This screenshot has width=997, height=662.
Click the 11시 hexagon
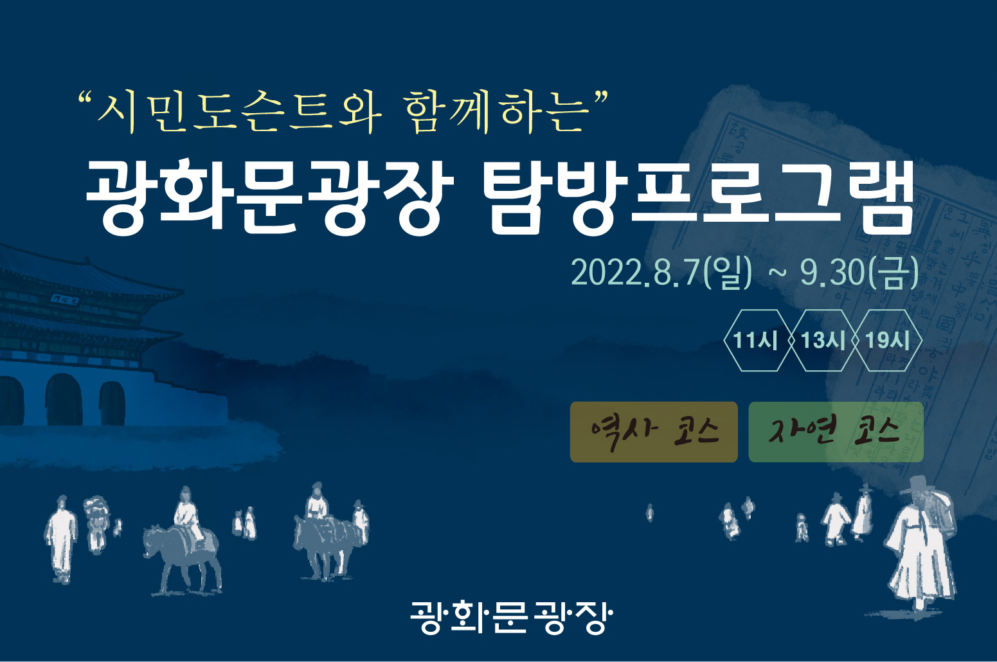pos(756,340)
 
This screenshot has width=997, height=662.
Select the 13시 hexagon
pos(823,340)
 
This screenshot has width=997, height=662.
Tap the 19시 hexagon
pos(888,340)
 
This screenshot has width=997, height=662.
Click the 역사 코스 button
pos(654,432)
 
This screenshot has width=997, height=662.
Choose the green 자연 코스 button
pos(836,432)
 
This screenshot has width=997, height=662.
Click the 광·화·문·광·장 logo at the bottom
pos(512,618)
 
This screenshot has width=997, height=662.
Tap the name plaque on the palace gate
pos(64,298)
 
